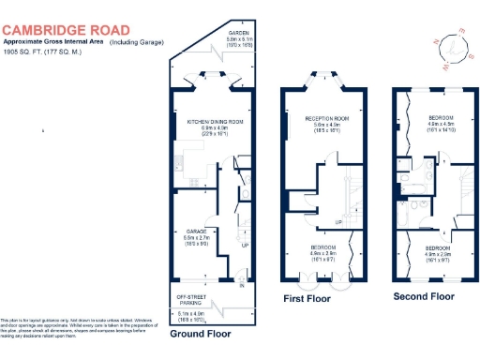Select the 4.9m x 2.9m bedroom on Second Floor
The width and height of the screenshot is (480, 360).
[x=439, y=251]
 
